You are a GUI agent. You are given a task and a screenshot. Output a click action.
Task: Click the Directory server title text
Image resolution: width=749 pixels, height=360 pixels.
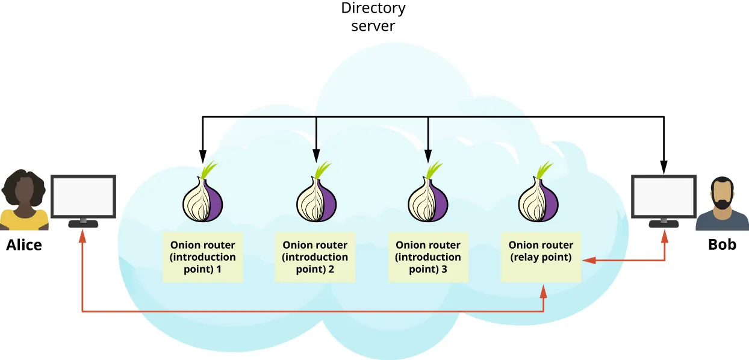click(373, 17)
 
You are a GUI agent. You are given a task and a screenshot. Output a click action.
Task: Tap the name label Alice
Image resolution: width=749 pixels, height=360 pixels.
click(24, 245)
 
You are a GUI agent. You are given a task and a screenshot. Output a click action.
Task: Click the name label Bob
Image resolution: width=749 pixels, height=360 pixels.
click(722, 245)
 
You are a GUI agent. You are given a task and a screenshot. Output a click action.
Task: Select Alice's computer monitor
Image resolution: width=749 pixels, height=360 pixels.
click(83, 197)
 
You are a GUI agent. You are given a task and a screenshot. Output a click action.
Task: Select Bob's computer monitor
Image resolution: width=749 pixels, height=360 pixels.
click(664, 197)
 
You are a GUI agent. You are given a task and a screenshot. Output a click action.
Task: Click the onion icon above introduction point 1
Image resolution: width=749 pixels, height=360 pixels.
click(202, 199)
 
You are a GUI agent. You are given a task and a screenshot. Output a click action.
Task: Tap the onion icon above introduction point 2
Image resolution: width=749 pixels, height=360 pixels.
click(315, 199)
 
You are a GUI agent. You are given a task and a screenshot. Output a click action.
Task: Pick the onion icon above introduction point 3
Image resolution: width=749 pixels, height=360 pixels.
click(428, 199)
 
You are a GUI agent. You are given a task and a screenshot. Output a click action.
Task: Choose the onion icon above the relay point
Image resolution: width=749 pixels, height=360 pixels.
click(540, 199)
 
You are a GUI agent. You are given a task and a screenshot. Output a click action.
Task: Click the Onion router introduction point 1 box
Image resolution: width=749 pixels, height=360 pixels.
click(203, 257)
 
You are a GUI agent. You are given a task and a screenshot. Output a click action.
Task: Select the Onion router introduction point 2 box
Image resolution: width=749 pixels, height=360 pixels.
click(315, 257)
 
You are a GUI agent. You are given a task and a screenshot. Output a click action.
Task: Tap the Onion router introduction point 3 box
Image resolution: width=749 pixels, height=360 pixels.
click(428, 257)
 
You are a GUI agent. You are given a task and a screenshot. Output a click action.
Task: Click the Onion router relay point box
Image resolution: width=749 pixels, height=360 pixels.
click(541, 257)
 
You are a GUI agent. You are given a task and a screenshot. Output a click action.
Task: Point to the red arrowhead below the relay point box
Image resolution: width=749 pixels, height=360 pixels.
click(544, 291)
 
